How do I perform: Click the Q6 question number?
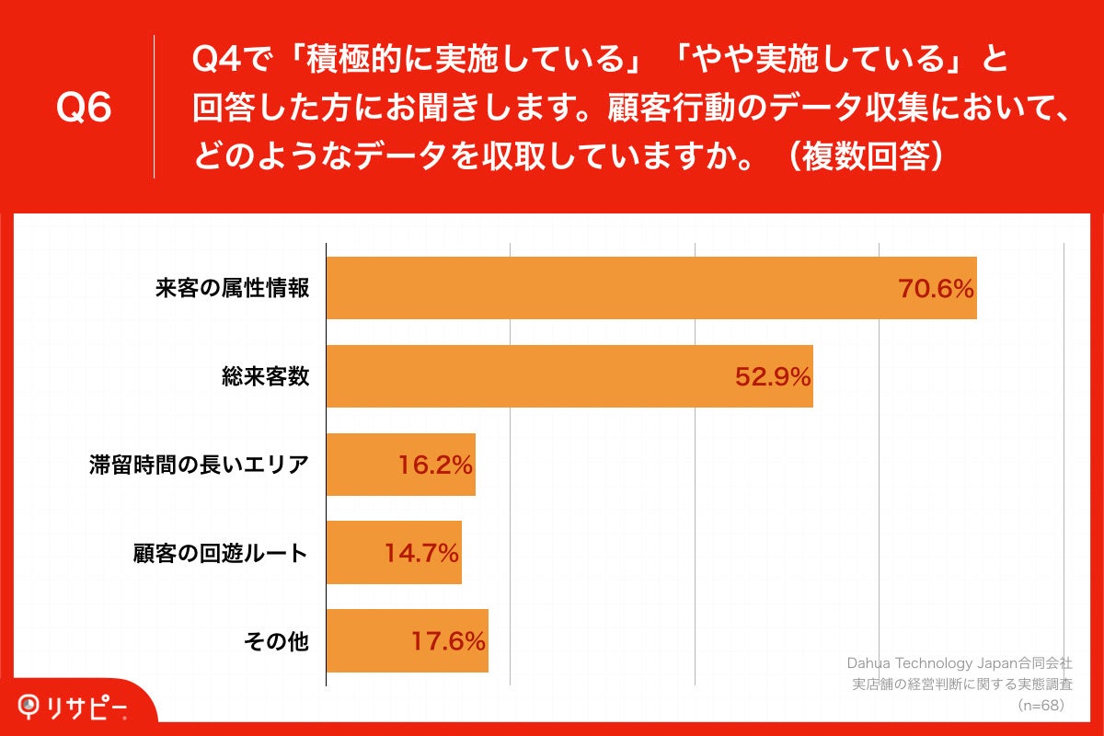click(84, 109)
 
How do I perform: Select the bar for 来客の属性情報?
click(607, 288)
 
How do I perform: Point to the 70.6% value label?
click(935, 289)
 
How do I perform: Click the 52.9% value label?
click(772, 376)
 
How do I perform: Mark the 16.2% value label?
click(435, 465)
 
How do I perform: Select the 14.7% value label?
click(421, 553)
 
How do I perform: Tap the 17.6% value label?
click(448, 641)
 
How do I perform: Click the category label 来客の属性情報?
click(232, 289)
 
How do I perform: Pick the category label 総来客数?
click(265, 376)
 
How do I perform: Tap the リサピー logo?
click(74, 706)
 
